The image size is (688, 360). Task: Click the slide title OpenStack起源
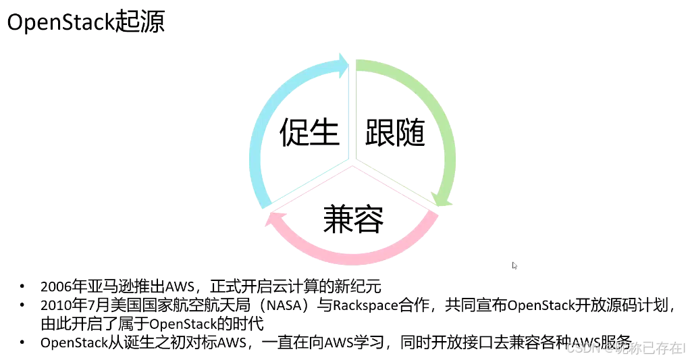point(86,22)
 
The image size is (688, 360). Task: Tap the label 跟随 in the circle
point(395,132)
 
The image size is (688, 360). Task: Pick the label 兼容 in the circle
point(353,218)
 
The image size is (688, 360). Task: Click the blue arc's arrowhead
point(342,66)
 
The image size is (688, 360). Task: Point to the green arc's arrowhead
point(442,197)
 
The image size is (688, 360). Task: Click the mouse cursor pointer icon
point(515,266)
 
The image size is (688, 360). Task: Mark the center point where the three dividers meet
point(352,162)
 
